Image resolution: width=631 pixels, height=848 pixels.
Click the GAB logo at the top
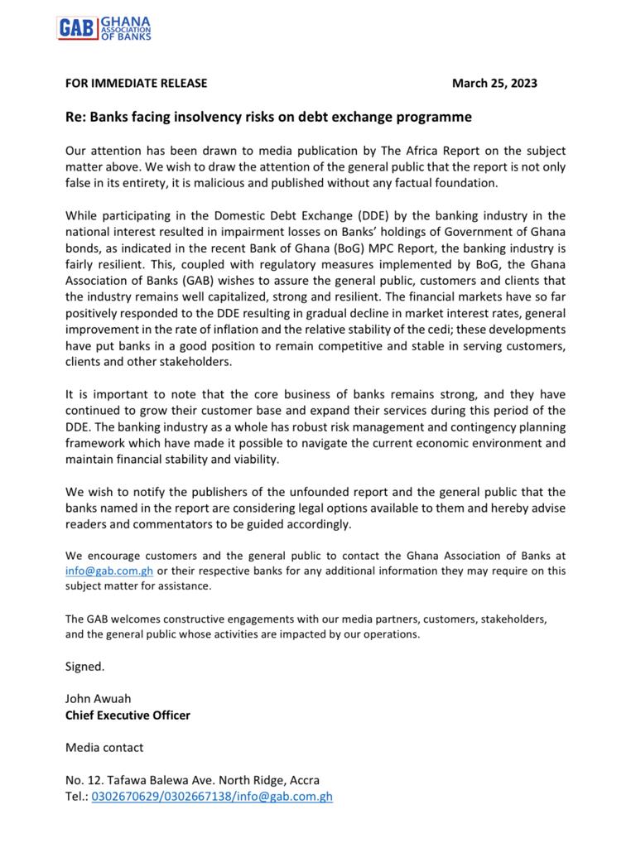(104, 27)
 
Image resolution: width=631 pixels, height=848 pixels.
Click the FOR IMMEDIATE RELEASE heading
(136, 83)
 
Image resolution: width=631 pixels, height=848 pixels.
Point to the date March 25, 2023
(494, 83)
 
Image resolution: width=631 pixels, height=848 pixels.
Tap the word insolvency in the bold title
(220, 117)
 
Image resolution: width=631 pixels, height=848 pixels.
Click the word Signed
(84, 666)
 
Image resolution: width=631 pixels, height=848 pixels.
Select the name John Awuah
(98, 698)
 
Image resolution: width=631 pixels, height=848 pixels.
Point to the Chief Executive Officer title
(128, 715)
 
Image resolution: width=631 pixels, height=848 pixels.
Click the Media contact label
(104, 747)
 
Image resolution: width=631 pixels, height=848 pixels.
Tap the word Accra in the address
(302, 780)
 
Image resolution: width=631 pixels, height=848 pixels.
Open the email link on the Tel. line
(291, 797)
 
